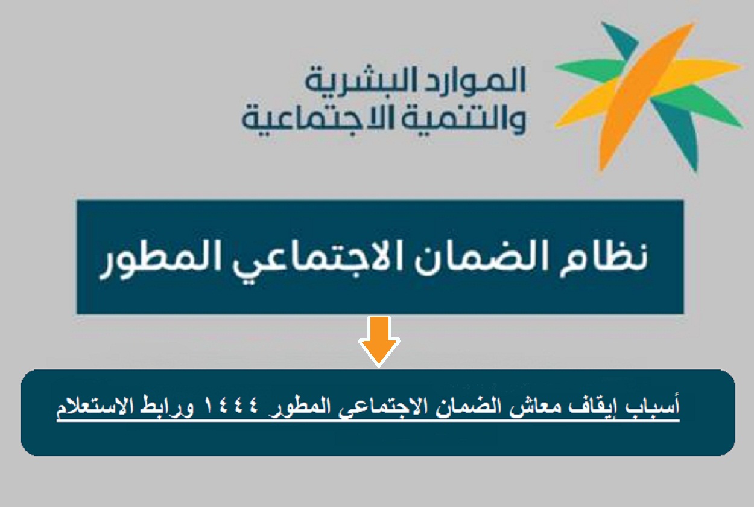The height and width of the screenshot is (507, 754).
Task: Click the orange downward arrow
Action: coord(379,341)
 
